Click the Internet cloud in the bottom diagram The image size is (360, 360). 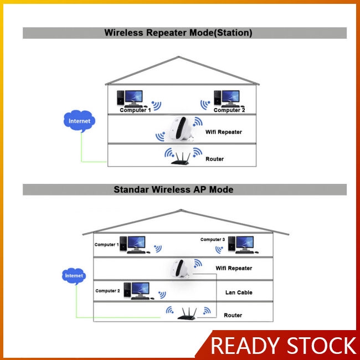(x=74, y=275)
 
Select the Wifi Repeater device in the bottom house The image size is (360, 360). (x=183, y=269)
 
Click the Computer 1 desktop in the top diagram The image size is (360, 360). (x=131, y=98)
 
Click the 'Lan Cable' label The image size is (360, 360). (x=239, y=292)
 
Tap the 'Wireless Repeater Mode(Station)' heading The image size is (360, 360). (x=178, y=33)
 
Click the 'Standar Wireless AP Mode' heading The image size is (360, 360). (x=173, y=189)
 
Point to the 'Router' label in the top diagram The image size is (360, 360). (x=214, y=159)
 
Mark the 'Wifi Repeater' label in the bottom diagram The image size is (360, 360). (x=234, y=268)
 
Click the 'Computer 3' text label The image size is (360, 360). (x=213, y=240)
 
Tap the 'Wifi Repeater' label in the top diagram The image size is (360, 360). (x=223, y=132)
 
